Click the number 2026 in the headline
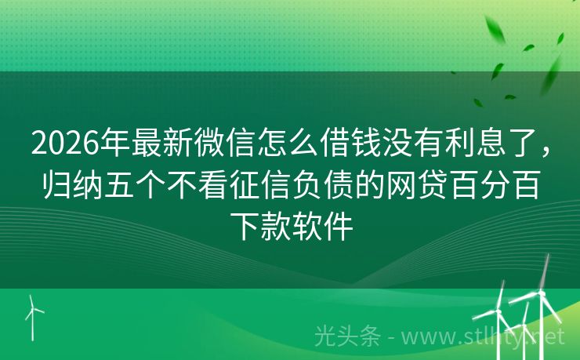coord(66,143)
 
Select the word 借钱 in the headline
coord(352,143)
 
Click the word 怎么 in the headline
coord(288,143)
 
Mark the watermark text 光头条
coord(347,336)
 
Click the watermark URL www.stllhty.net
coord(483,337)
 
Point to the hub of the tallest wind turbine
coord(541,293)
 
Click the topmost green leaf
coord(495,28)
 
